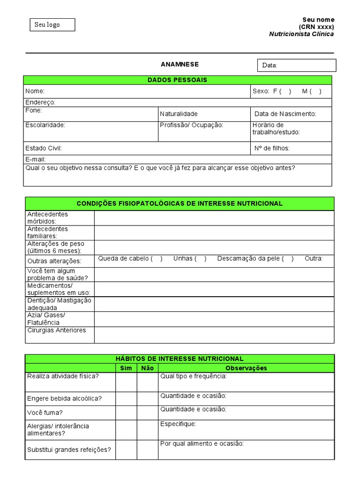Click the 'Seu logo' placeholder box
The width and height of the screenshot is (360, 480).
click(x=52, y=25)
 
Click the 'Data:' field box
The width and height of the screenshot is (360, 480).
click(x=296, y=65)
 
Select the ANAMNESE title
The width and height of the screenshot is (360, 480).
click(x=180, y=64)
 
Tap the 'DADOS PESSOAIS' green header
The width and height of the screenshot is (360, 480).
click(x=178, y=80)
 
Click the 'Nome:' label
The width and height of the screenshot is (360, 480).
click(x=35, y=91)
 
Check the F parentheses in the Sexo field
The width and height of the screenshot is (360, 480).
click(x=285, y=91)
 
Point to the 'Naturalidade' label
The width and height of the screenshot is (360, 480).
click(x=179, y=114)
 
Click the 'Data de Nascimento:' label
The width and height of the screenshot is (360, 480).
click(x=285, y=114)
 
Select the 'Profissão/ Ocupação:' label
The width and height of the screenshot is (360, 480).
click(x=191, y=125)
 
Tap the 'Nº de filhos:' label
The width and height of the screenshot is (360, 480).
click(x=272, y=148)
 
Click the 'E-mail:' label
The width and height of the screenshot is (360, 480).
click(x=35, y=159)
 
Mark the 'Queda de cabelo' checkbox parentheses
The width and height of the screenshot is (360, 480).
click(x=157, y=259)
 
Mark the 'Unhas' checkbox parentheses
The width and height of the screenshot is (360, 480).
click(x=201, y=259)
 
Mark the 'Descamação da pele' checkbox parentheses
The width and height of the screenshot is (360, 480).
click(x=288, y=259)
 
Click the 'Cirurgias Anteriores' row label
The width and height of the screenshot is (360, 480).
click(x=57, y=330)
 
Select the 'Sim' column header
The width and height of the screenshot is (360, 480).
click(x=126, y=368)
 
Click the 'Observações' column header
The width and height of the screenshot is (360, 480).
click(x=246, y=368)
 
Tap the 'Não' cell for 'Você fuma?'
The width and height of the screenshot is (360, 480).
click(x=147, y=412)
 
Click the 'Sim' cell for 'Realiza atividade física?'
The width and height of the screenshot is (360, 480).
click(x=126, y=382)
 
